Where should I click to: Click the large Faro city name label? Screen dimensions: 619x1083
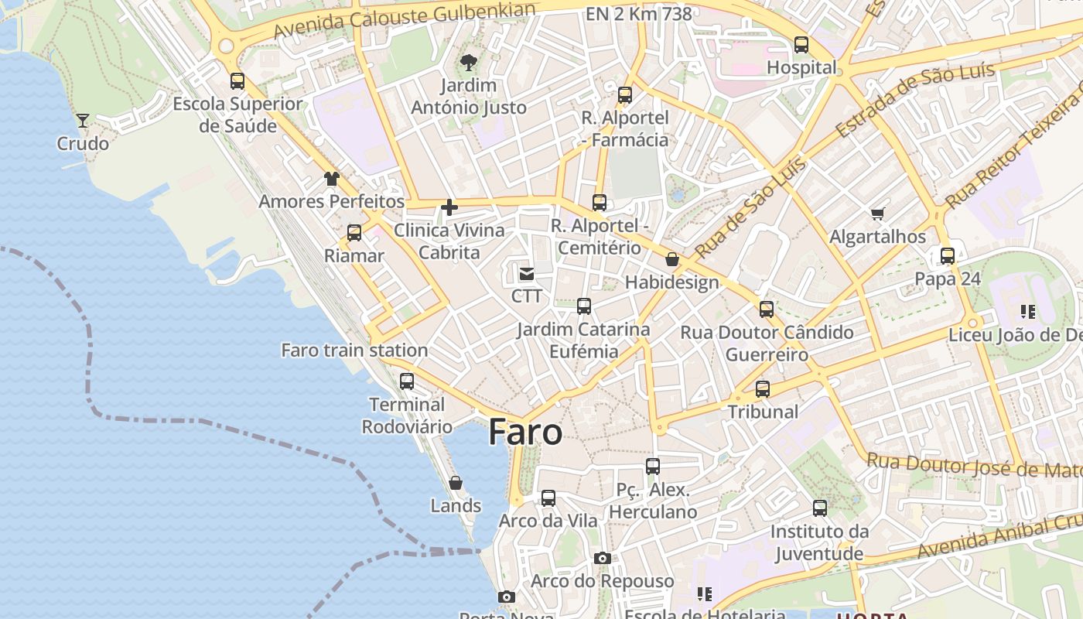pyautogui.click(x=525, y=432)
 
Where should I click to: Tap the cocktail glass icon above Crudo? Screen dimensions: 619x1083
pyautogui.click(x=83, y=120)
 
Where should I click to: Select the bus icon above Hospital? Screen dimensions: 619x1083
pyautogui.click(x=801, y=45)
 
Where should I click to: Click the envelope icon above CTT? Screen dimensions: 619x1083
pyautogui.click(x=527, y=273)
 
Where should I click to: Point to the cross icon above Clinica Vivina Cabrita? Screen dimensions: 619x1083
pyautogui.click(x=449, y=207)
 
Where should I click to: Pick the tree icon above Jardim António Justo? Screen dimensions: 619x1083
pyautogui.click(x=468, y=63)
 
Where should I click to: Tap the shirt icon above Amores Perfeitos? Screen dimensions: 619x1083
pyautogui.click(x=332, y=179)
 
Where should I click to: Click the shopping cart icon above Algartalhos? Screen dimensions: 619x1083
pyautogui.click(x=877, y=214)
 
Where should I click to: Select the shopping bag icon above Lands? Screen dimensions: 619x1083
pyautogui.click(x=456, y=483)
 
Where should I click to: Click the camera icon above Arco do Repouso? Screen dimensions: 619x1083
pyautogui.click(x=603, y=558)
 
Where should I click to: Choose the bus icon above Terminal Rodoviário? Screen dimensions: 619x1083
pyautogui.click(x=407, y=381)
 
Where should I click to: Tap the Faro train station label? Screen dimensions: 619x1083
pyautogui.click(x=354, y=351)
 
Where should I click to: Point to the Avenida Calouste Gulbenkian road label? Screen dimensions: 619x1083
pyautogui.click(x=405, y=20)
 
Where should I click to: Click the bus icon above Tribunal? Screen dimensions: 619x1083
pyautogui.click(x=763, y=389)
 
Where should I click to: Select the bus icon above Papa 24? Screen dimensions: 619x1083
pyautogui.click(x=948, y=256)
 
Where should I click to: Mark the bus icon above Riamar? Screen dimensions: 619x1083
pyautogui.click(x=354, y=233)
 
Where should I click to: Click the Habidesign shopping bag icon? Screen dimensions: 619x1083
pyautogui.click(x=672, y=259)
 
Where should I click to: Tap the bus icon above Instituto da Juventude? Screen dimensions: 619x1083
pyautogui.click(x=820, y=508)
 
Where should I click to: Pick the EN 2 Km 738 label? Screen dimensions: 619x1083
pyautogui.click(x=639, y=14)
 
